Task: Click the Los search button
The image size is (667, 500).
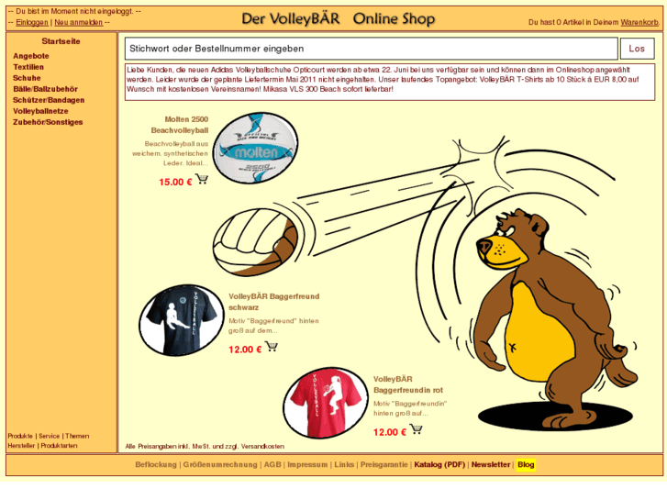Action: pyautogui.click(x=637, y=49)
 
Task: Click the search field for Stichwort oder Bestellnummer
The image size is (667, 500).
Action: pyautogui.click(x=371, y=49)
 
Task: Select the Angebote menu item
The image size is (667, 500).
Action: pyautogui.click(x=31, y=56)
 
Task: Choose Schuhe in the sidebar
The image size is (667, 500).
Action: pyautogui.click(x=27, y=78)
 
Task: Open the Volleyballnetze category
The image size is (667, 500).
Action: pyautogui.click(x=41, y=111)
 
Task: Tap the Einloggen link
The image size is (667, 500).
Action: pyautogui.click(x=32, y=22)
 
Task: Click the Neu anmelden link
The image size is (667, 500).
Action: pyautogui.click(x=78, y=22)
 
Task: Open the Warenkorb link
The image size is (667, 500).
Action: pyautogui.click(x=639, y=22)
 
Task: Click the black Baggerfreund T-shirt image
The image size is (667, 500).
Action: pyautogui.click(x=182, y=319)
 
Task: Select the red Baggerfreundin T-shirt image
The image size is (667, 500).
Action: pyautogui.click(x=326, y=403)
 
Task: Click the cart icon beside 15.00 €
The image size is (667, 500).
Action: pyautogui.click(x=202, y=180)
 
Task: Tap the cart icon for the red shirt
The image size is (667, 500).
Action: pyautogui.click(x=416, y=429)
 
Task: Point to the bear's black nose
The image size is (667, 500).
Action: pyautogui.click(x=484, y=246)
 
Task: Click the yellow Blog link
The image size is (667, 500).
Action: pyautogui.click(x=526, y=465)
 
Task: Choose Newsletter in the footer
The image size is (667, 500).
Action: pyautogui.click(x=490, y=465)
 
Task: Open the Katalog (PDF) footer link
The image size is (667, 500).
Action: pyautogui.click(x=439, y=465)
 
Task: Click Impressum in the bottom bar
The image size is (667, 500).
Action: pyautogui.click(x=307, y=465)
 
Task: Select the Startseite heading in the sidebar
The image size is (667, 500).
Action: pyautogui.click(x=61, y=41)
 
